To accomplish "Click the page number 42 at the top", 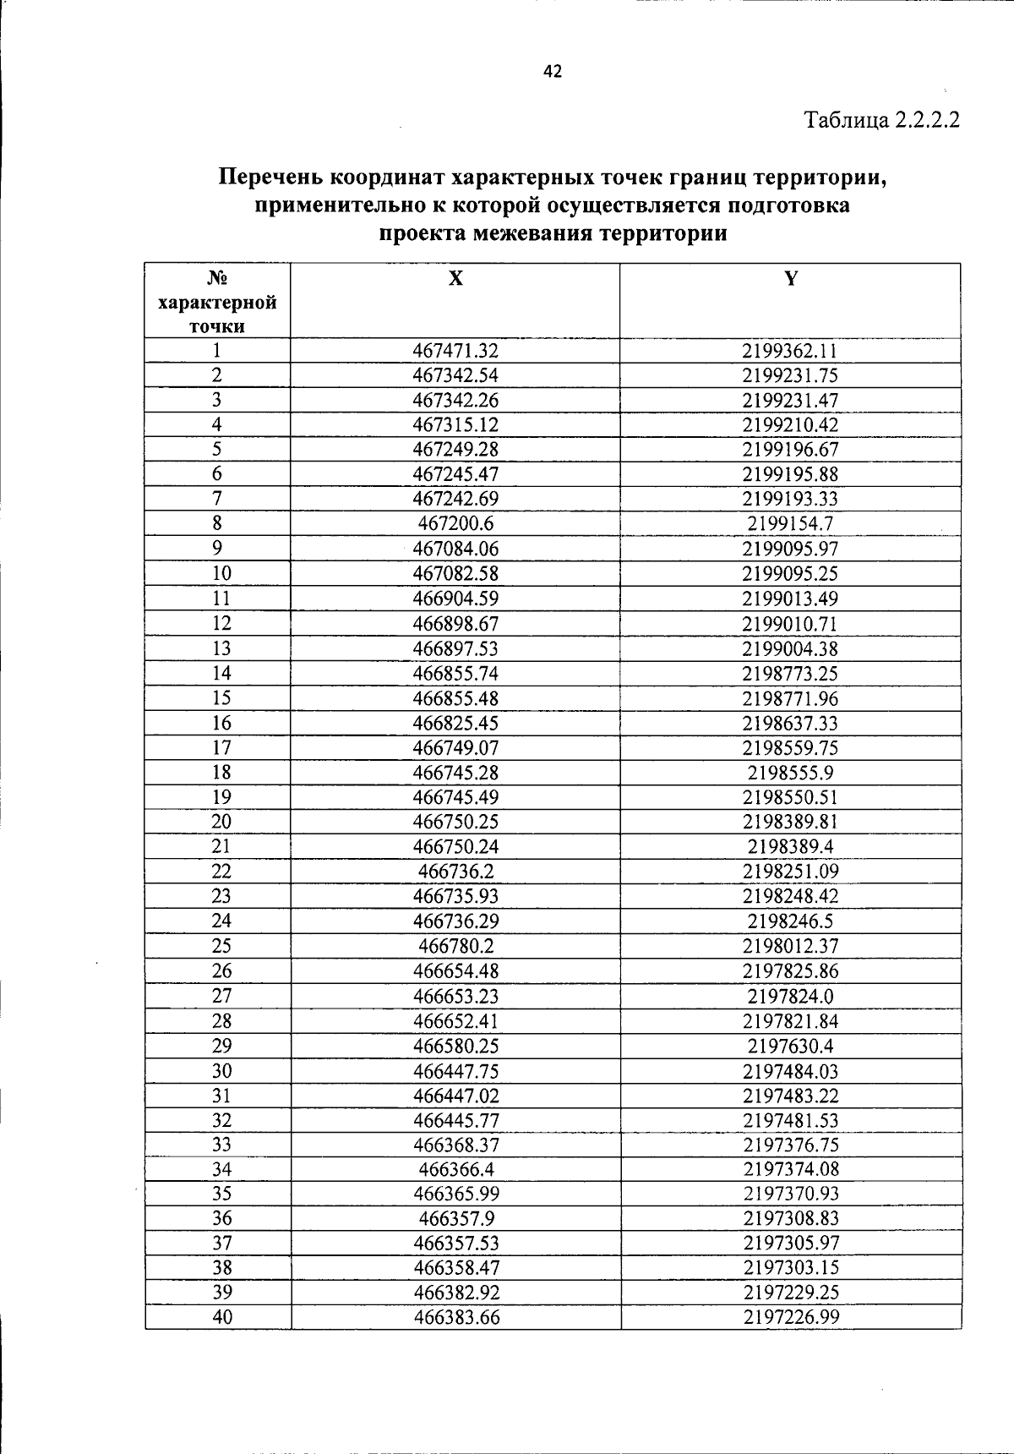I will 553,72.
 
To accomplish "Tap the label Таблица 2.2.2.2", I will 882,119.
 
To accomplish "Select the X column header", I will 455,278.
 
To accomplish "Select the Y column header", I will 790,278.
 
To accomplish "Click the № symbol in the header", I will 217,278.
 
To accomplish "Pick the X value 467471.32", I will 455,351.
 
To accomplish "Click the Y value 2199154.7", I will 790,523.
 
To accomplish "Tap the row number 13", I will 221,648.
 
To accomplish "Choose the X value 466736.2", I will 455,872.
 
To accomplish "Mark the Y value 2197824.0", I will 790,996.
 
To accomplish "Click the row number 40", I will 221,1317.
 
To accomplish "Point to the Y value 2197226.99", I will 790,1317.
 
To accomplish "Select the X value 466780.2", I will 455,946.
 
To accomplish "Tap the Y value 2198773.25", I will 790,674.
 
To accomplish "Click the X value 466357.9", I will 455,1218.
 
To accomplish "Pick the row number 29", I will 221,1046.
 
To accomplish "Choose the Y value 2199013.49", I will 790,599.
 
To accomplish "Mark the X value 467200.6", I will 455,523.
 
